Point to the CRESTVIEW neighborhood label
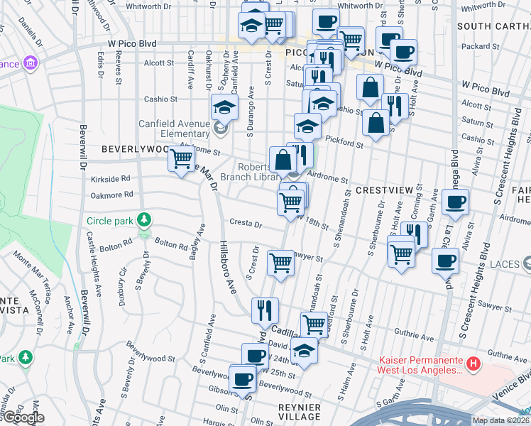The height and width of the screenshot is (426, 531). tap(384, 191)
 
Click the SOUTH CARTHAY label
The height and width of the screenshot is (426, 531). tap(494, 26)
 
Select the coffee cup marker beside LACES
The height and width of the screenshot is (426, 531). tap(445, 261)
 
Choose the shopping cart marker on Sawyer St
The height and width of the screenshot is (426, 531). tap(281, 262)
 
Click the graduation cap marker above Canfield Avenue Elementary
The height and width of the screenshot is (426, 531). tap(224, 107)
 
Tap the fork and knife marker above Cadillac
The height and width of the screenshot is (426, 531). tap(265, 309)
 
